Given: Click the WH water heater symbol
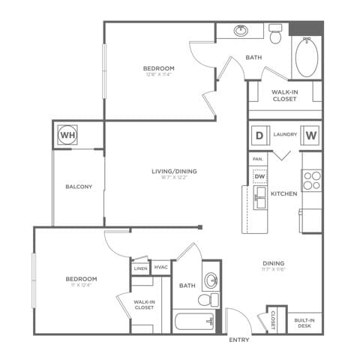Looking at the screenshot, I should coord(68,135).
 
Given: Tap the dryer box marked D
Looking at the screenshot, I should coord(259,135).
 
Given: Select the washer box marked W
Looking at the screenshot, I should coord(311,135).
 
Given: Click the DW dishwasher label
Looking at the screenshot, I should coord(259,176).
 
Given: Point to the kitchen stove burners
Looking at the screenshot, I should coord(311,181).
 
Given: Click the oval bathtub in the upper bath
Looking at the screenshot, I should coord(307,58).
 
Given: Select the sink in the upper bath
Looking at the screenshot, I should coord(241,31).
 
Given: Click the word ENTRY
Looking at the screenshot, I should coord(239,340).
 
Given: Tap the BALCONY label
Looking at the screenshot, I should coord(79,187).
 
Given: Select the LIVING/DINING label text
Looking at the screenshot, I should coord(174,171).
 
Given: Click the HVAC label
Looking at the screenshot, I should coord(160,267).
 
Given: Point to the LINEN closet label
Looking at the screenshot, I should coord(140,268).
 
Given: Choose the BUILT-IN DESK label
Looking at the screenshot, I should coord(304,322).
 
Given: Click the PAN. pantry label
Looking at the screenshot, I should coord(257,159).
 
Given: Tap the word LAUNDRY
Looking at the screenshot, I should coord(285,135).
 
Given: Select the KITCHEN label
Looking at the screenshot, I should coord(284,193).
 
